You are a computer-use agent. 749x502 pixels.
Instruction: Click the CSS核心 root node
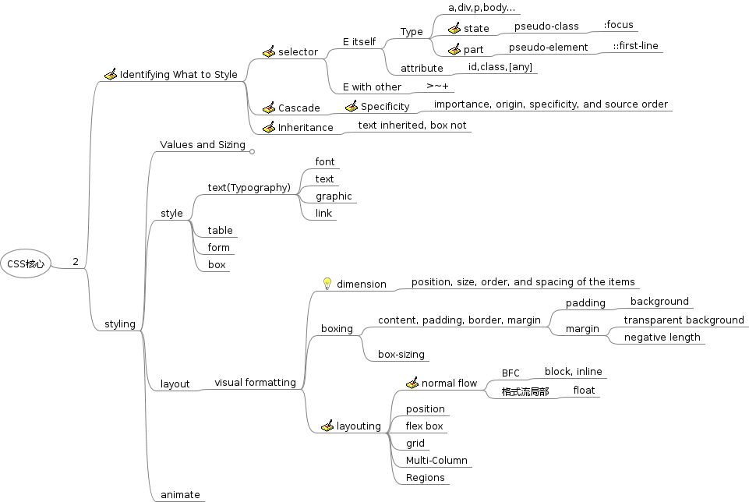pyautogui.click(x=26, y=263)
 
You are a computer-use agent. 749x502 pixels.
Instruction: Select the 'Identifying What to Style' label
pyautogui.click(x=178, y=75)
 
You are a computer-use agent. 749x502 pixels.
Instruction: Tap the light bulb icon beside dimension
pyautogui.click(x=327, y=284)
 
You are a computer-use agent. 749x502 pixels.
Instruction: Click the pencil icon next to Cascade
pyautogui.click(x=269, y=108)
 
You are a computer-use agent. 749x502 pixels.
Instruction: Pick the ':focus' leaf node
pyautogui.click(x=618, y=25)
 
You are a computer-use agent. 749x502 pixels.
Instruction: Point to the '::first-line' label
pyautogui.click(x=635, y=46)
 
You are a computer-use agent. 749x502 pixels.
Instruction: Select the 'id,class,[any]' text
pyautogui.click(x=500, y=67)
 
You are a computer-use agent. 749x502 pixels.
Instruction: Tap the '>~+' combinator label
pyautogui.click(x=437, y=86)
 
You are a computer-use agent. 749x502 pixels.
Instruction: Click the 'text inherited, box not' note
pyautogui.click(x=412, y=125)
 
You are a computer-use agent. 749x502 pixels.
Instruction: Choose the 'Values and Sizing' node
pyautogui.click(x=203, y=145)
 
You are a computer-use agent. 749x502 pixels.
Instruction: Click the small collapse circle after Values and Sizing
pyautogui.click(x=252, y=151)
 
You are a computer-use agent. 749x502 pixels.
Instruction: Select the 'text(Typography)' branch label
pyautogui.click(x=249, y=188)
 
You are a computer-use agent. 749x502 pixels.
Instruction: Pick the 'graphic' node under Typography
pyautogui.click(x=334, y=196)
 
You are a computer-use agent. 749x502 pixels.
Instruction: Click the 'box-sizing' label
pyautogui.click(x=401, y=355)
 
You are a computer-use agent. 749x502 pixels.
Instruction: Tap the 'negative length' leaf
pyautogui.click(x=662, y=338)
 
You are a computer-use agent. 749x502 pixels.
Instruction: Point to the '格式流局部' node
pyautogui.click(x=525, y=392)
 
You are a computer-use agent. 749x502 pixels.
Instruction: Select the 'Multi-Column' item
pyautogui.click(x=436, y=461)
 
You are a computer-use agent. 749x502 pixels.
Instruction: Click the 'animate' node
pyautogui.click(x=180, y=495)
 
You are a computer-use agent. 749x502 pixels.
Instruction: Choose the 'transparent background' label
pyautogui.click(x=684, y=320)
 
